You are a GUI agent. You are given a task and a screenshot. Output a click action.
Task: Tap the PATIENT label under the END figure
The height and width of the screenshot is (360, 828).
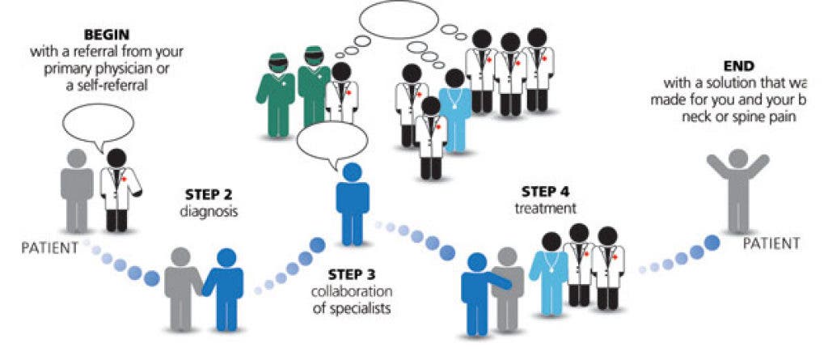tap(770, 243)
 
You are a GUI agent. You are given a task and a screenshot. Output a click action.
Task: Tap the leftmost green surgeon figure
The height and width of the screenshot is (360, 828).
tap(274, 90)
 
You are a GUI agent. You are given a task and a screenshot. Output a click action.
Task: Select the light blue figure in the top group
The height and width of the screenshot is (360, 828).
tap(454, 109)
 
